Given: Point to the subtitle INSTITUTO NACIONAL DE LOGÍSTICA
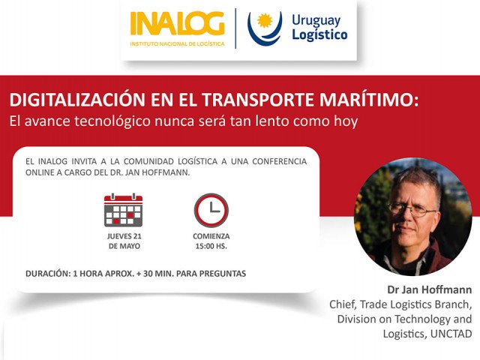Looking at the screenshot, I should pyautogui.click(x=177, y=43).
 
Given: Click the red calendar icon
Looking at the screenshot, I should pyautogui.click(x=123, y=210).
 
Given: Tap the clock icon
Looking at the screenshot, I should pyautogui.click(x=211, y=210).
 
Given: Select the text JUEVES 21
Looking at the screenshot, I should pyautogui.click(x=124, y=236).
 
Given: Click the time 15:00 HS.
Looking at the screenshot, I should pyautogui.click(x=211, y=246).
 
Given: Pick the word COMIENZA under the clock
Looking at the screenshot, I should pyautogui.click(x=211, y=236).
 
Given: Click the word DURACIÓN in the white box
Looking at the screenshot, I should pyautogui.click(x=46, y=274).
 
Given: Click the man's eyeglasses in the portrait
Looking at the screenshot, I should pyautogui.click(x=412, y=210).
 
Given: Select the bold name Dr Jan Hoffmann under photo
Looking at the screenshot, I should pyautogui.click(x=430, y=289).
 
